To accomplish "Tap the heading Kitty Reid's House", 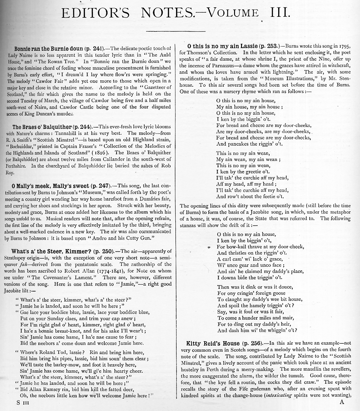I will (x=213, y=343).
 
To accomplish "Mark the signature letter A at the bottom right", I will (x=342, y=402).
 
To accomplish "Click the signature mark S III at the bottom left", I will (x=23, y=402).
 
